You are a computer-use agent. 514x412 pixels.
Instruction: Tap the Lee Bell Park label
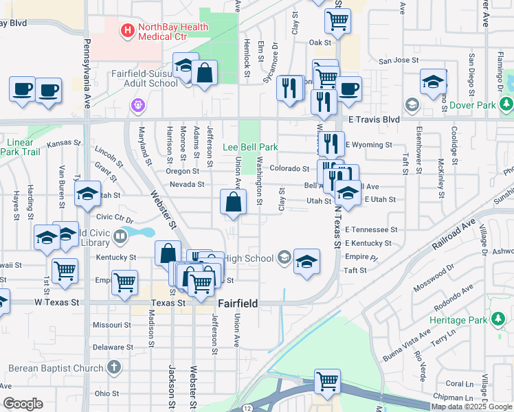tap(250, 147)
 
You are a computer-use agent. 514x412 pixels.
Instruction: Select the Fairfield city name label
tap(238, 303)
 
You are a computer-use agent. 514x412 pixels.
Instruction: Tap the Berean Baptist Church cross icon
tap(113, 368)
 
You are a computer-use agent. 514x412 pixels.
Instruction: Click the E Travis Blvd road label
tap(372, 119)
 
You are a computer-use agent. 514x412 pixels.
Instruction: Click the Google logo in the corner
tap(23, 404)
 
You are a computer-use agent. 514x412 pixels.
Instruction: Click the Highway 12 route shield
tap(247, 409)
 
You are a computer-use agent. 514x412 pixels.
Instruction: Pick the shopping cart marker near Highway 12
tap(328, 382)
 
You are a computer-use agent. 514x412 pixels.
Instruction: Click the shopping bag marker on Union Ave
tap(233, 203)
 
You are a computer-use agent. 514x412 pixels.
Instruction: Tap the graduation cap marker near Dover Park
tap(434, 83)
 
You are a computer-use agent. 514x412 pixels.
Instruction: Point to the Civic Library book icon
tap(120, 238)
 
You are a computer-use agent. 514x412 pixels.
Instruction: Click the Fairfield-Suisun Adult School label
tap(144, 78)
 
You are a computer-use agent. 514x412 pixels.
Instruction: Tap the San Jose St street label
tap(399, 60)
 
